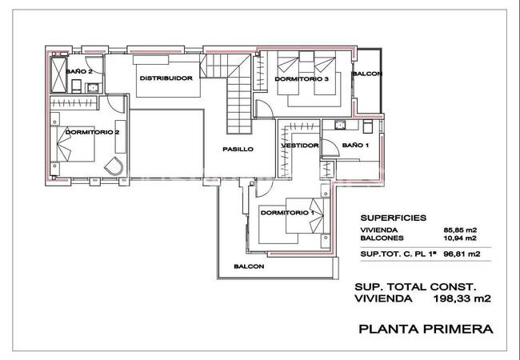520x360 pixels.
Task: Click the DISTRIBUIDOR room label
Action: pyautogui.click(x=166, y=78)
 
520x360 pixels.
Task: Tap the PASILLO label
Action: pyautogui.click(x=238, y=149)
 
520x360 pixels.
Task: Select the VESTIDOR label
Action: pyautogui.click(x=300, y=146)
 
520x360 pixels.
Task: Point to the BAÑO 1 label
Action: pyautogui.click(x=355, y=145)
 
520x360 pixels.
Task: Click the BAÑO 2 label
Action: pyautogui.click(x=79, y=71)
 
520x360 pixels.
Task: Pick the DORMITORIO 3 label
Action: pyautogui.click(x=302, y=79)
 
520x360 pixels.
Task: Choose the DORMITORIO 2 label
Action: pyautogui.click(x=92, y=132)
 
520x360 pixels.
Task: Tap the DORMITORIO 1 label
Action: pyautogui.click(x=287, y=213)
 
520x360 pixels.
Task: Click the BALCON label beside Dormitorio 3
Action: pyautogui.click(x=367, y=74)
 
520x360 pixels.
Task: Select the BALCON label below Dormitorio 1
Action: pyautogui.click(x=249, y=266)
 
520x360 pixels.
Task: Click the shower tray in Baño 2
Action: pyautogui.click(x=58, y=74)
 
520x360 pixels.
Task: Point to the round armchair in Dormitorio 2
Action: pyautogui.click(x=114, y=166)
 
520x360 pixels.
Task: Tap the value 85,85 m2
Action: pyautogui.click(x=460, y=230)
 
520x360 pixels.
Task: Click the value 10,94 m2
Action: pyautogui.click(x=460, y=238)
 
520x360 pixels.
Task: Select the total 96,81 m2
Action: pyautogui.click(x=463, y=254)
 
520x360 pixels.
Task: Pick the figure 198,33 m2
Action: pyautogui.click(x=462, y=298)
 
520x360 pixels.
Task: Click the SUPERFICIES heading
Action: pyautogui.click(x=394, y=218)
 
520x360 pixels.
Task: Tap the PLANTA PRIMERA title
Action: pyautogui.click(x=426, y=329)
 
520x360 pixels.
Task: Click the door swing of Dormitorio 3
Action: pyautogui.click(x=265, y=109)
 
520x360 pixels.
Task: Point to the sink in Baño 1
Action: pyautogui.click(x=340, y=125)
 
